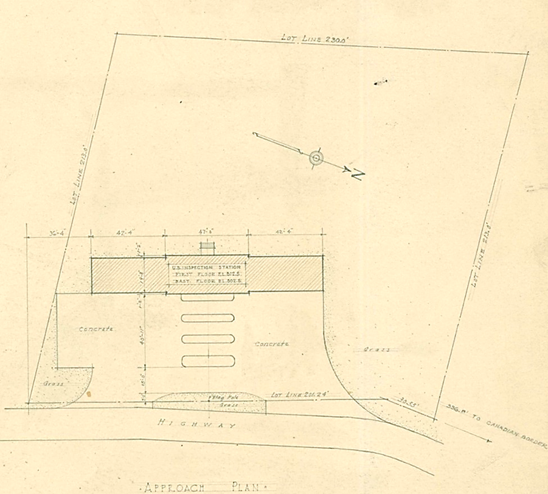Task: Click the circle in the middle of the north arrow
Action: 316,158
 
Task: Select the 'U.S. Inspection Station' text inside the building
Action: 207,267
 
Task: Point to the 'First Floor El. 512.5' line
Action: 207,274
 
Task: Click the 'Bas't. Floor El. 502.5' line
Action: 207,282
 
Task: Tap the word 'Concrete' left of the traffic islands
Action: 96,329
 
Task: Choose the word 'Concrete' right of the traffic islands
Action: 272,344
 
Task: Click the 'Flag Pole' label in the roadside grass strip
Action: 217,397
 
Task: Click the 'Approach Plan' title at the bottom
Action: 204,487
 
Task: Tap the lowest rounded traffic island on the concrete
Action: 208,361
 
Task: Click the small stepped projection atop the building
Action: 207,248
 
